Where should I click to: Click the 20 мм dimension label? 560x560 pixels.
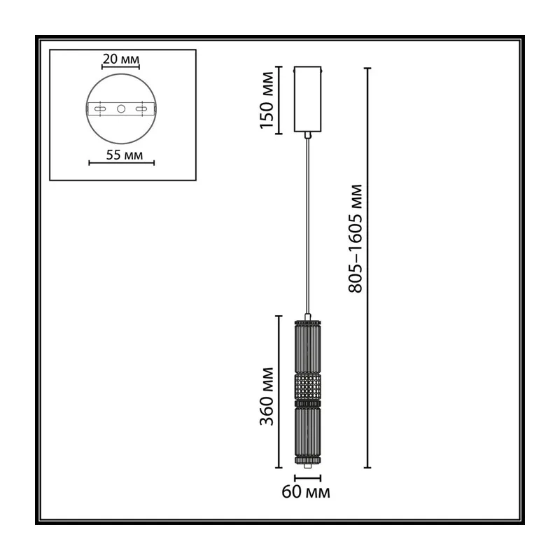click(x=120, y=59)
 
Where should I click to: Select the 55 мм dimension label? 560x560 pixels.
click(x=125, y=155)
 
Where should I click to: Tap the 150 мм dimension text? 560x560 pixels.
click(x=267, y=100)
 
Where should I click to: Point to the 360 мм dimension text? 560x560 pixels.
click(x=267, y=396)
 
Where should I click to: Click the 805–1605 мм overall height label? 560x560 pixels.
click(x=356, y=239)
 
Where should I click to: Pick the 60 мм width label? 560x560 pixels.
click(x=306, y=492)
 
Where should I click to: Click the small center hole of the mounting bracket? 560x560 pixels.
click(x=121, y=108)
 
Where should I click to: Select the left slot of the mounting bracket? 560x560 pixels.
click(x=100, y=108)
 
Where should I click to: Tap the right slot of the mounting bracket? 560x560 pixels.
click(x=142, y=108)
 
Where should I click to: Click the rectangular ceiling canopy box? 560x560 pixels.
click(x=307, y=99)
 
